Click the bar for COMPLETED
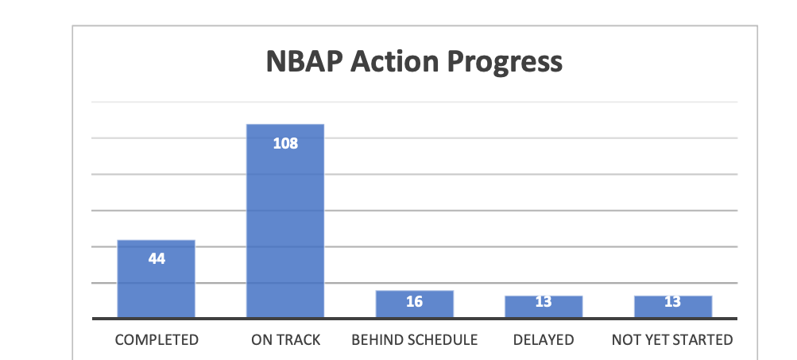click(x=156, y=279)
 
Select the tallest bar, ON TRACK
click(x=285, y=221)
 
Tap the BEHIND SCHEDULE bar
click(x=414, y=304)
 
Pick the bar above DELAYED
click(x=544, y=307)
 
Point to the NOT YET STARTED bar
click(x=672, y=307)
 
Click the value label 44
click(x=157, y=259)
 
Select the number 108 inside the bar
click(x=285, y=143)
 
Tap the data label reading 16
click(x=414, y=301)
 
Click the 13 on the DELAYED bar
click(x=544, y=301)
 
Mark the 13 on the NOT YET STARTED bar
click(x=672, y=301)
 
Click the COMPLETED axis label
click(x=157, y=339)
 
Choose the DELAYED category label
click(x=544, y=339)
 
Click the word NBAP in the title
click(x=304, y=61)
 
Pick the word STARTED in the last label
click(x=703, y=339)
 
